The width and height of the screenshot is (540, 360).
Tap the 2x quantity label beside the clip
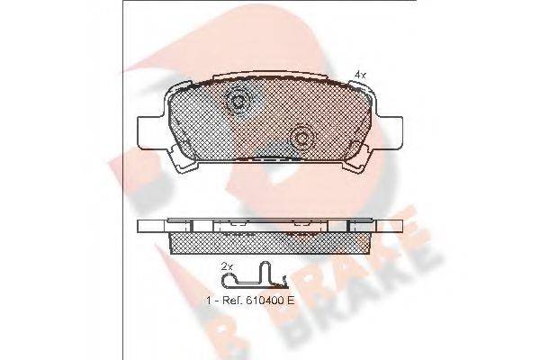[227, 266]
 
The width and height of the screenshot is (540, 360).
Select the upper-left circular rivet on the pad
[238, 103]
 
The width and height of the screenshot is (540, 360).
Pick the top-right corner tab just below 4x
[360, 87]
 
